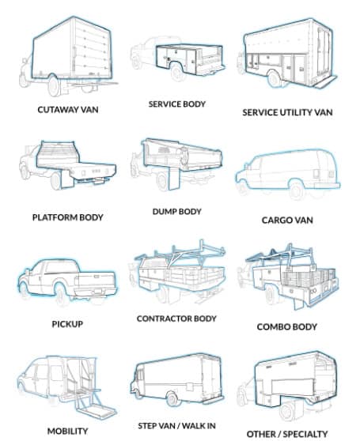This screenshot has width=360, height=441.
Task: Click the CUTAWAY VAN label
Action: pos(68,109)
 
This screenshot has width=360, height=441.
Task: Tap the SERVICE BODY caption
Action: pos(176,104)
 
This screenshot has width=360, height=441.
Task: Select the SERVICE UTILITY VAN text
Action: pos(287,112)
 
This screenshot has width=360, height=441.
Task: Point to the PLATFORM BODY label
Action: pos(67,217)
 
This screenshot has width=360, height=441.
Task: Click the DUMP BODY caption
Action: pos(176,212)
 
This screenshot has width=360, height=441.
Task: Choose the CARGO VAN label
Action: pos(287,220)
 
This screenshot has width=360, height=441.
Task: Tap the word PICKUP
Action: pos(67,324)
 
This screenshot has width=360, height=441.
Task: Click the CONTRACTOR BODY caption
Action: pos(176,318)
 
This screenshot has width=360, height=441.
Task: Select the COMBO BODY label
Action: pos(287,327)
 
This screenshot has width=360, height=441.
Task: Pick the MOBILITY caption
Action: pos(67,432)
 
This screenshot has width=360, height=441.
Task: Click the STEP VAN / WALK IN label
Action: pos(176,426)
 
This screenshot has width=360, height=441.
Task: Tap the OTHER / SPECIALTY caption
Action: pos(287,434)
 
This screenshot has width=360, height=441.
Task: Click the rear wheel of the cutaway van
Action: pos(54,85)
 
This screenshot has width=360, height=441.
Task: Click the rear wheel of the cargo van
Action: pos(297,190)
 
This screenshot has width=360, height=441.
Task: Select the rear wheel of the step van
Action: pos(172,398)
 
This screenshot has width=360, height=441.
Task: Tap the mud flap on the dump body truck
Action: pos(173,179)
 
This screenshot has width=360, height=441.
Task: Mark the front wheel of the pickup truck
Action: pos(23,290)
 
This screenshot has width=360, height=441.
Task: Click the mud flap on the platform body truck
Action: pos(67,179)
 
